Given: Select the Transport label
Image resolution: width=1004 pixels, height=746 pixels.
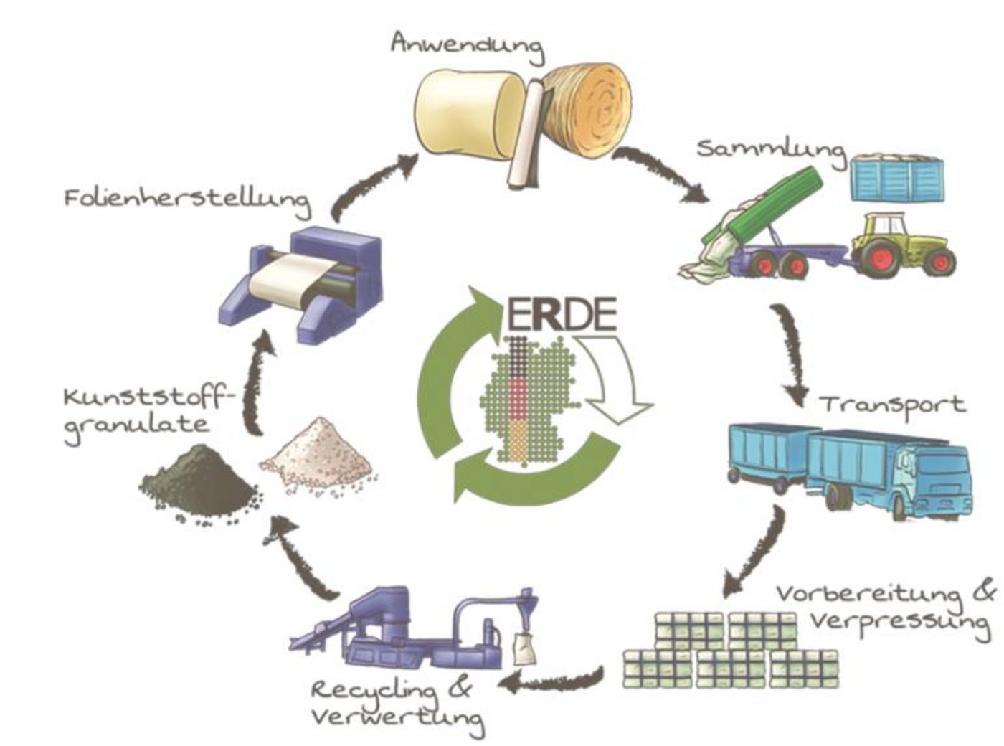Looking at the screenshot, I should [893, 405].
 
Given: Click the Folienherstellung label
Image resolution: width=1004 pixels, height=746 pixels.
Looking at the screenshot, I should [187, 198].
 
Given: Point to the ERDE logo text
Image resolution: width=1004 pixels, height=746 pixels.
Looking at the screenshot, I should [562, 313].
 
